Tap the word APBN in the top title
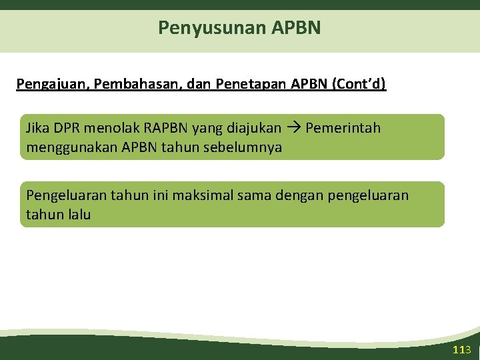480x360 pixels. (x=297, y=28)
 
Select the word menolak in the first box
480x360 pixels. (x=112, y=127)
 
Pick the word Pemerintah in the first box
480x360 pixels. (x=343, y=127)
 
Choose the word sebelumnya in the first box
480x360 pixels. (x=247, y=147)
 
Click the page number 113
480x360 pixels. (x=461, y=350)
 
